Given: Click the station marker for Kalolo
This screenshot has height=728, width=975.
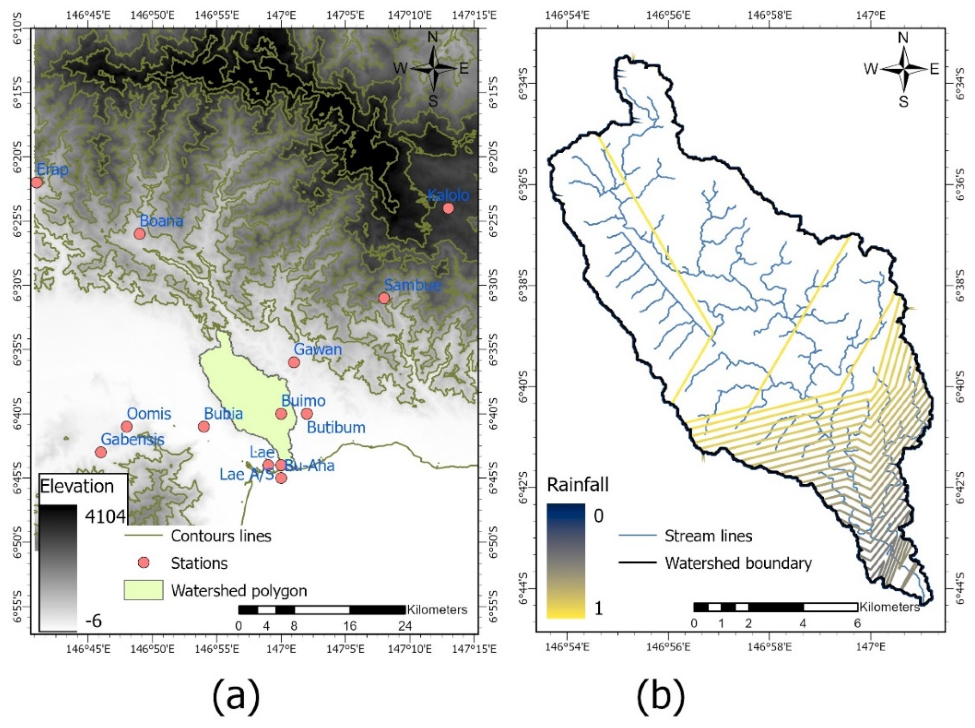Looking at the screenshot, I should coord(448,208).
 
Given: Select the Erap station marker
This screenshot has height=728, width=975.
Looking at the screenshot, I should coord(37,182).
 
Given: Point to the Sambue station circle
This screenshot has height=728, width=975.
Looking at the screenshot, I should coord(384,298).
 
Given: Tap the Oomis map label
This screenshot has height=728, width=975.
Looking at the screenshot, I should coord(149,414).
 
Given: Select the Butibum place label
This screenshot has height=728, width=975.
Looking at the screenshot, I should coord(336,428).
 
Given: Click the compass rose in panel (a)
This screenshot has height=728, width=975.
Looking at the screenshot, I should coord(434,69).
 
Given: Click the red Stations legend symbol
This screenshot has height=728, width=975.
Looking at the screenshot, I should coord(144,563).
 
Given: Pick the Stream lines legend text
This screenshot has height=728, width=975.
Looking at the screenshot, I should coord(708,536).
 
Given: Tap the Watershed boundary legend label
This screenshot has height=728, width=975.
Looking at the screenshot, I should coord(738,563).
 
